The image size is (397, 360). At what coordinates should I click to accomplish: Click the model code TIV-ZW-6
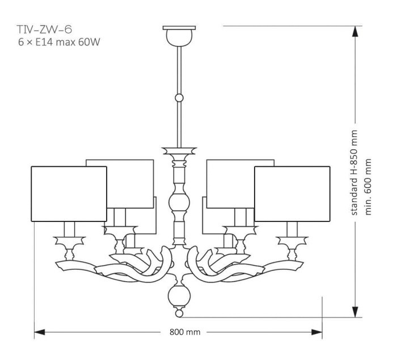pos(44,30)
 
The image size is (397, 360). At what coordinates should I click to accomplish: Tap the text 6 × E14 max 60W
pos(59,42)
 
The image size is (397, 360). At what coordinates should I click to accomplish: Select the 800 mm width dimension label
pos(185,332)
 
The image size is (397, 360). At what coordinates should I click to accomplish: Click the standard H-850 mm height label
pos(354,173)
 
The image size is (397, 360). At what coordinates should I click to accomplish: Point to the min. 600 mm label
pos(368,187)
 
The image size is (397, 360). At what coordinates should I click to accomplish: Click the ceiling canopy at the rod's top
pos(179,36)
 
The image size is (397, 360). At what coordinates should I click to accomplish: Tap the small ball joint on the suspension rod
pos(179,98)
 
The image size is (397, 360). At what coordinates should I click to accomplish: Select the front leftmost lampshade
pos(69,194)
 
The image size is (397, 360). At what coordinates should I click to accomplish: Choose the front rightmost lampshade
pos(292,194)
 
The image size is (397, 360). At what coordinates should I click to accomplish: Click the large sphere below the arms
pos(179,296)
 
